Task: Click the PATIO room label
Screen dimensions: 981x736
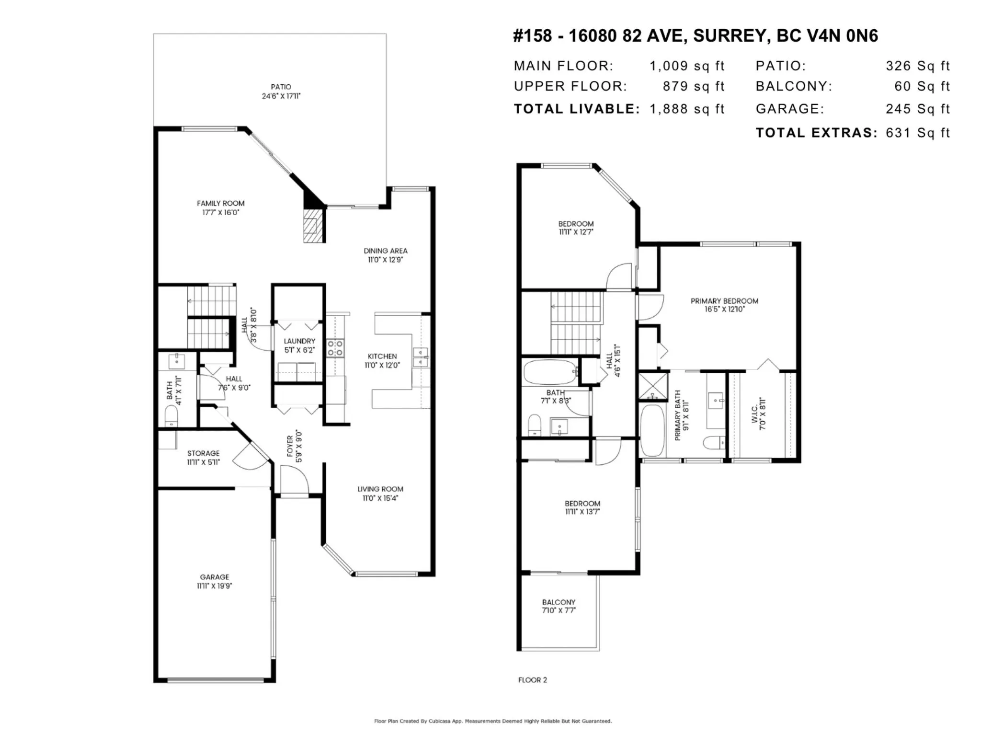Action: tap(281, 87)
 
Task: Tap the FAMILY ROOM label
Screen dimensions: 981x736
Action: tap(220, 203)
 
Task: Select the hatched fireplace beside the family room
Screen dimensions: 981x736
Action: tap(314, 225)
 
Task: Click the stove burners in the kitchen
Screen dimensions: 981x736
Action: tap(335, 348)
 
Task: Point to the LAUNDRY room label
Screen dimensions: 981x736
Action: tap(299, 341)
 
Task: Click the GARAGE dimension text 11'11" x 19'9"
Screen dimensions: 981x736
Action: tap(215, 586)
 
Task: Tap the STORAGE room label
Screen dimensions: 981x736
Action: tap(204, 453)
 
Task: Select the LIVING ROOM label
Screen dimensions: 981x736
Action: tap(380, 489)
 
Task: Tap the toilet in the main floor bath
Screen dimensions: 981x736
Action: tap(171, 415)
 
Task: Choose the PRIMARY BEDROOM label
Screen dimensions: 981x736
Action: tap(724, 301)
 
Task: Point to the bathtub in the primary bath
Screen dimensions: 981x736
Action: tap(652, 431)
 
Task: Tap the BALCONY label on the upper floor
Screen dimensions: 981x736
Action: tap(559, 602)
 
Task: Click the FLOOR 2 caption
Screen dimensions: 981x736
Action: tap(532, 680)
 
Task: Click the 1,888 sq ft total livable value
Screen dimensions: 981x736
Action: tap(687, 109)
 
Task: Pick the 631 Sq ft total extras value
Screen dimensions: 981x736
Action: tap(918, 133)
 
